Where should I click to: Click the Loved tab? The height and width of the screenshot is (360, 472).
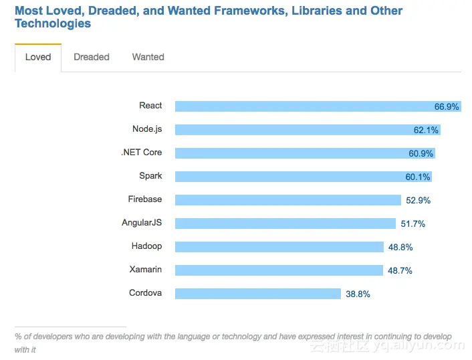[x=38, y=58]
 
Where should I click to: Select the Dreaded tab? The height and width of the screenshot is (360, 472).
[x=92, y=58]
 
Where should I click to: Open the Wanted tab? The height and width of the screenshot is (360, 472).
[x=148, y=58]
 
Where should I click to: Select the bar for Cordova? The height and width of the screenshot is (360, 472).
[x=258, y=294]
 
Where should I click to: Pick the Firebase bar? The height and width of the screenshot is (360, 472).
[x=287, y=200]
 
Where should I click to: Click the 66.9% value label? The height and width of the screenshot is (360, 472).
[x=447, y=107]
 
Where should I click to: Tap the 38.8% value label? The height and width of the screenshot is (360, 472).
[x=358, y=294]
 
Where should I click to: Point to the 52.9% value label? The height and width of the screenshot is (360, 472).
[x=418, y=201]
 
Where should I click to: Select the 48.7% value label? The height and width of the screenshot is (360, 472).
[x=400, y=271]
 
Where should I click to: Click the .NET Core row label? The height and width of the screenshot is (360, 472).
[x=142, y=153]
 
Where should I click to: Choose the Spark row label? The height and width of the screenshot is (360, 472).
[x=150, y=176]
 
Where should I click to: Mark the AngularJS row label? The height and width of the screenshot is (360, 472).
[x=142, y=223]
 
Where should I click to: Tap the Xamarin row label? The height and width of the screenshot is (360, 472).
[x=146, y=270]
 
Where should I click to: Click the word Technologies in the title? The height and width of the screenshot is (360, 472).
[x=53, y=24]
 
